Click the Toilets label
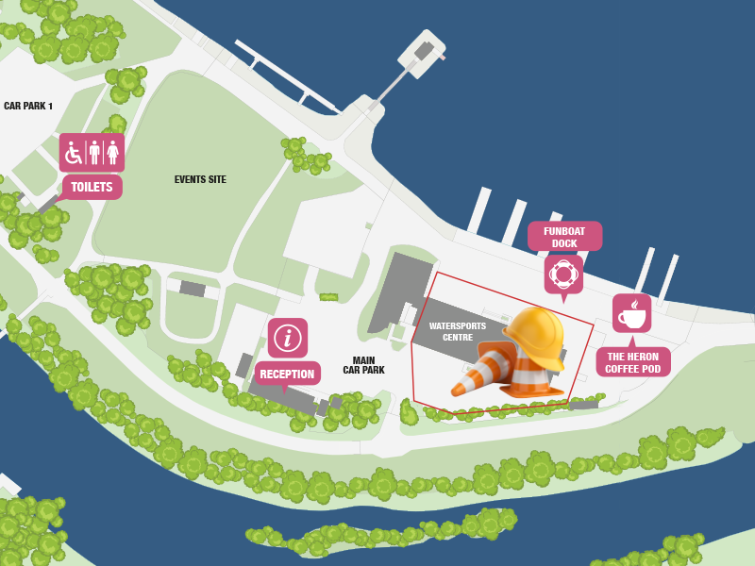[x=92, y=187]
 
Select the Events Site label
[x=200, y=179]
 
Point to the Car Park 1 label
[x=28, y=106]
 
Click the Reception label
[x=287, y=374]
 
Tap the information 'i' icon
[x=287, y=338]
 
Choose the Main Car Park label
[x=363, y=365]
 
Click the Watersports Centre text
[x=458, y=331]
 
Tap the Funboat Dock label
[x=564, y=236]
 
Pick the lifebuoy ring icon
[x=563, y=275]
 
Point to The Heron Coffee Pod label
[x=632, y=362]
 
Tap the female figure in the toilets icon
[x=112, y=152]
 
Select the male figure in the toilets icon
[x=93, y=152]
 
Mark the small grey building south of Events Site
[x=193, y=289]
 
